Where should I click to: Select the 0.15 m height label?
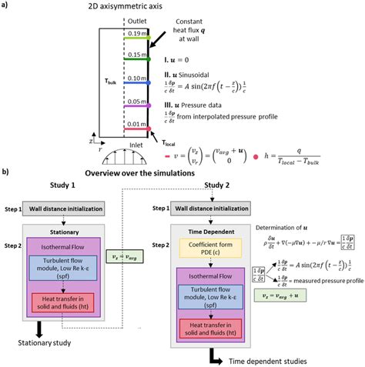click(x=137, y=55)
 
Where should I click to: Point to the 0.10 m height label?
click(x=137, y=78)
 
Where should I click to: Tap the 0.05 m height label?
click(x=137, y=102)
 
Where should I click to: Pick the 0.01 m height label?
click(x=137, y=123)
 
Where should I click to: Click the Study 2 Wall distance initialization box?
click(x=212, y=209)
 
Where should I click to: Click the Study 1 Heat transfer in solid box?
click(x=69, y=301)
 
